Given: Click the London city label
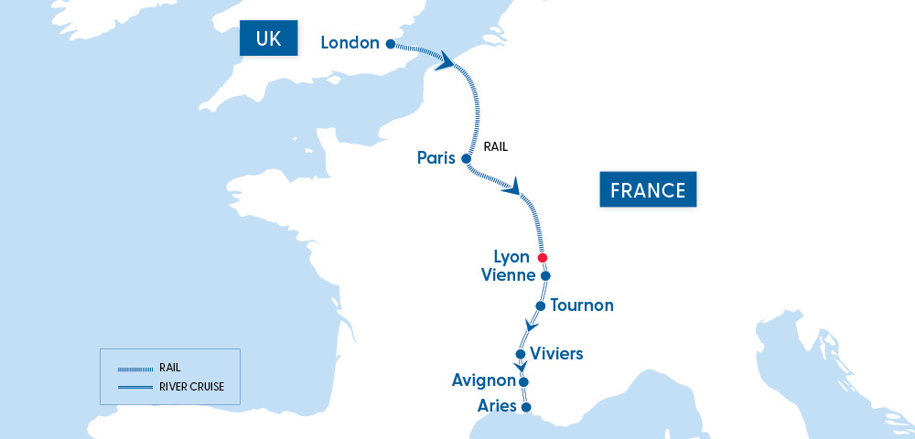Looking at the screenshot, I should (x=350, y=43).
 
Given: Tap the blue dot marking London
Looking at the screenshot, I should (x=390, y=44).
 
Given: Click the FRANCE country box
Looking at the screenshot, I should (x=648, y=190).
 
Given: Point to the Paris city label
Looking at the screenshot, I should (x=436, y=158).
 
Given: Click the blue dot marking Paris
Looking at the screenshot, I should (x=466, y=158).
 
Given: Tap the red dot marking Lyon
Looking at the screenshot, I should (x=542, y=258).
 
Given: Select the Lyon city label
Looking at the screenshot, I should (x=511, y=258).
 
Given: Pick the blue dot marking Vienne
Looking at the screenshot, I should (x=545, y=275).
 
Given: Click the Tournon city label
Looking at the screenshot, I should (x=582, y=305).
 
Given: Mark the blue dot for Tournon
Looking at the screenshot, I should (x=541, y=305).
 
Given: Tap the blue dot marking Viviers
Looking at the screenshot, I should (x=521, y=354).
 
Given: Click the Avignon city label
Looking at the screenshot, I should (x=483, y=380).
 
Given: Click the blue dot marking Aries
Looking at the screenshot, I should (x=525, y=407).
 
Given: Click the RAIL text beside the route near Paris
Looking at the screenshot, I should (x=495, y=145).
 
